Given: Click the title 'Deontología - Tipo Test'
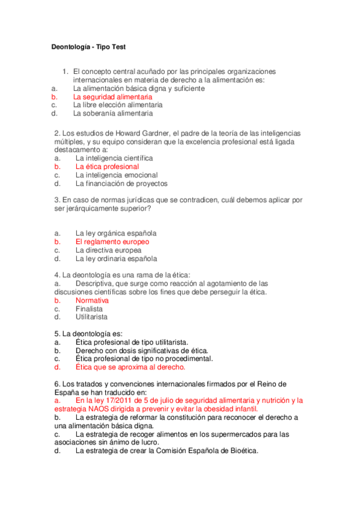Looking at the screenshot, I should click(87, 47).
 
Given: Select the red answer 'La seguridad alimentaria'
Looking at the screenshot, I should click(112, 96).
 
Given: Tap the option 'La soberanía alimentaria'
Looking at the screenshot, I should click(112, 112).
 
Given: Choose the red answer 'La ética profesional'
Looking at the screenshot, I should click(107, 167).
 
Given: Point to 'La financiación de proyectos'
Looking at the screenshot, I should click(121, 183).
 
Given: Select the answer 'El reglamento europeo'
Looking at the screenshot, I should click(112, 242).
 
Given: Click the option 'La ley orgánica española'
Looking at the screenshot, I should click(116, 233).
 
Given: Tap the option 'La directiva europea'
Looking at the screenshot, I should click(109, 250).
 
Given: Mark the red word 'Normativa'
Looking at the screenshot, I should click(92, 300).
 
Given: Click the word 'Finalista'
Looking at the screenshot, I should click(89, 309).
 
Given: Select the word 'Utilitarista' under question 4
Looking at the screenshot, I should click(92, 317).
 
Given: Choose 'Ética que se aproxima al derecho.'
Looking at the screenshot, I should click(130, 366).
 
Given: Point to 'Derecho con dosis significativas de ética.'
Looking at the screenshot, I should click(142, 350).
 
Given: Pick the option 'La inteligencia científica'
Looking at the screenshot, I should click(114, 158).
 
